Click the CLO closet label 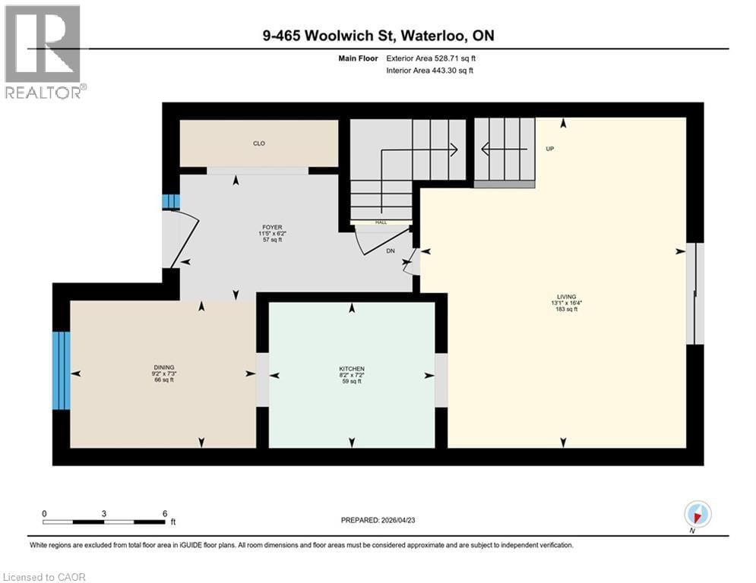click(259, 143)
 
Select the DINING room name click(162, 366)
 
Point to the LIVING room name click(565, 296)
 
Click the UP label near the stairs click(550, 149)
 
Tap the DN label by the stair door click(391, 250)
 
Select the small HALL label click(380, 222)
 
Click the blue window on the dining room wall click(61, 370)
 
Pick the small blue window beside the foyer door click(171, 201)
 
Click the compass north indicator click(697, 514)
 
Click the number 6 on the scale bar click(165, 512)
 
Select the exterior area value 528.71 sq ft click(454, 58)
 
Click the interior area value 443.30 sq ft click(454, 71)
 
